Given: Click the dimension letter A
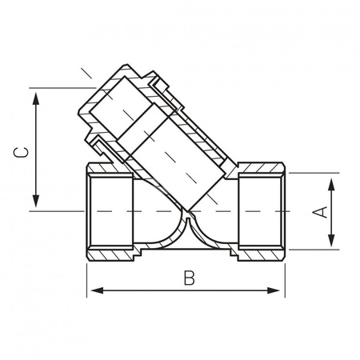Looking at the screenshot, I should click(319, 212).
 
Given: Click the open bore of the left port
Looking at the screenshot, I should click(108, 212).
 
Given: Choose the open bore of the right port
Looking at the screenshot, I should click(260, 212).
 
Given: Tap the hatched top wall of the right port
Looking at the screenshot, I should click(261, 170).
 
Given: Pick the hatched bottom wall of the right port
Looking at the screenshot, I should click(261, 255).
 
